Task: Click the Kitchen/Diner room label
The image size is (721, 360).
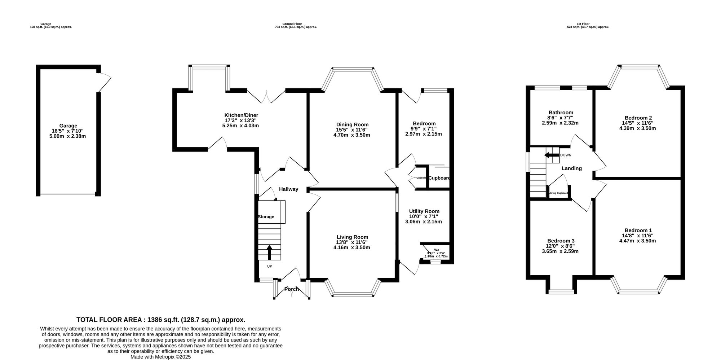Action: pos(241,115)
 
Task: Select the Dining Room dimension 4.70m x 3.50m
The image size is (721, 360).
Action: pos(352,135)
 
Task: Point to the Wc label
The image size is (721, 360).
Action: pos(437,250)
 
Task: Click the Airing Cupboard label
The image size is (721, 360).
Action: pos(558,193)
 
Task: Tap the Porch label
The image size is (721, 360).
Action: pos(291,289)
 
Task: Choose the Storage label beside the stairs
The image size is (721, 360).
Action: pos(266,217)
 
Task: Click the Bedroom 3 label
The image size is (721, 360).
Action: pos(561,241)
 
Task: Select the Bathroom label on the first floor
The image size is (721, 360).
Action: pos(561,112)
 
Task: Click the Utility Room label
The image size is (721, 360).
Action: pos(424,211)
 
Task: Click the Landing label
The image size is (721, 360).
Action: pos(571,168)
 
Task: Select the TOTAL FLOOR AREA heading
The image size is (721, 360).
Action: pos(161,320)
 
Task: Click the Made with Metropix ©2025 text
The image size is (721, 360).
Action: pos(161,357)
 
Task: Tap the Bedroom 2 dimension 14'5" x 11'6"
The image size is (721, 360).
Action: pos(637,123)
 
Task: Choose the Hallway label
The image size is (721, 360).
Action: pos(289,189)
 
